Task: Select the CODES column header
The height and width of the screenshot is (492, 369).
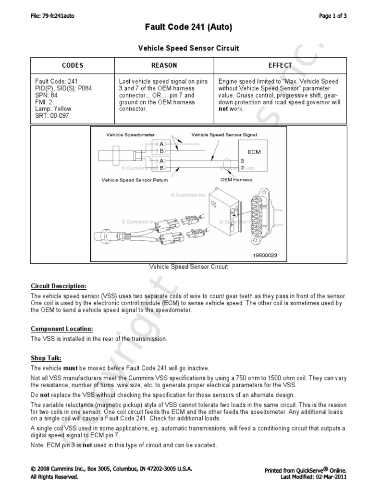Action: (x=73, y=65)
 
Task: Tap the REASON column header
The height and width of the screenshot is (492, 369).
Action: (x=164, y=65)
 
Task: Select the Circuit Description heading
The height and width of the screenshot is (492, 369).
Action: (x=59, y=286)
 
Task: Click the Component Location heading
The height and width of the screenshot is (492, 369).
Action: (x=62, y=329)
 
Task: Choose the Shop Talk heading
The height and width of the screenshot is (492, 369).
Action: (x=46, y=357)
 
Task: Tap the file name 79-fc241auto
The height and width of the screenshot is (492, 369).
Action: (x=52, y=16)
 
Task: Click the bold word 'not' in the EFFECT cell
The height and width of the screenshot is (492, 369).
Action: (x=223, y=109)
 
